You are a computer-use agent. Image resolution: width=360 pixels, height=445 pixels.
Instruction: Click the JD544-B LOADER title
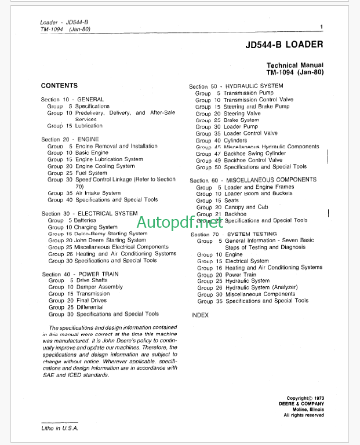[284, 44]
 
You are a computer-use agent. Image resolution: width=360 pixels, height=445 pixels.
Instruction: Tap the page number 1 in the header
[321, 26]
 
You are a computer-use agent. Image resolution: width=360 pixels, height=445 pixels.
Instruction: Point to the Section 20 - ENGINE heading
[70, 139]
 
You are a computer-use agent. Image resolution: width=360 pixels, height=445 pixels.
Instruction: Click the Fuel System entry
[91, 173]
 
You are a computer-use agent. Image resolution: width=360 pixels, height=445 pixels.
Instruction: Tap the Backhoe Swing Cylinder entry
[254, 153]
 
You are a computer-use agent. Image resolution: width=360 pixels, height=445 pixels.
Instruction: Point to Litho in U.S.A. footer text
[59, 428]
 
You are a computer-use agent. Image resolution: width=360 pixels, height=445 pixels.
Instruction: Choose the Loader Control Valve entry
[250, 133]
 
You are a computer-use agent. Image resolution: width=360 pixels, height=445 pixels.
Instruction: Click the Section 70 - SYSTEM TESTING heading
[234, 234]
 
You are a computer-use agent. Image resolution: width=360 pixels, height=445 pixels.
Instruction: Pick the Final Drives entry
[92, 300]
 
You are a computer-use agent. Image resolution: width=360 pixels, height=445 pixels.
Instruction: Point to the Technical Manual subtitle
[294, 65]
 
